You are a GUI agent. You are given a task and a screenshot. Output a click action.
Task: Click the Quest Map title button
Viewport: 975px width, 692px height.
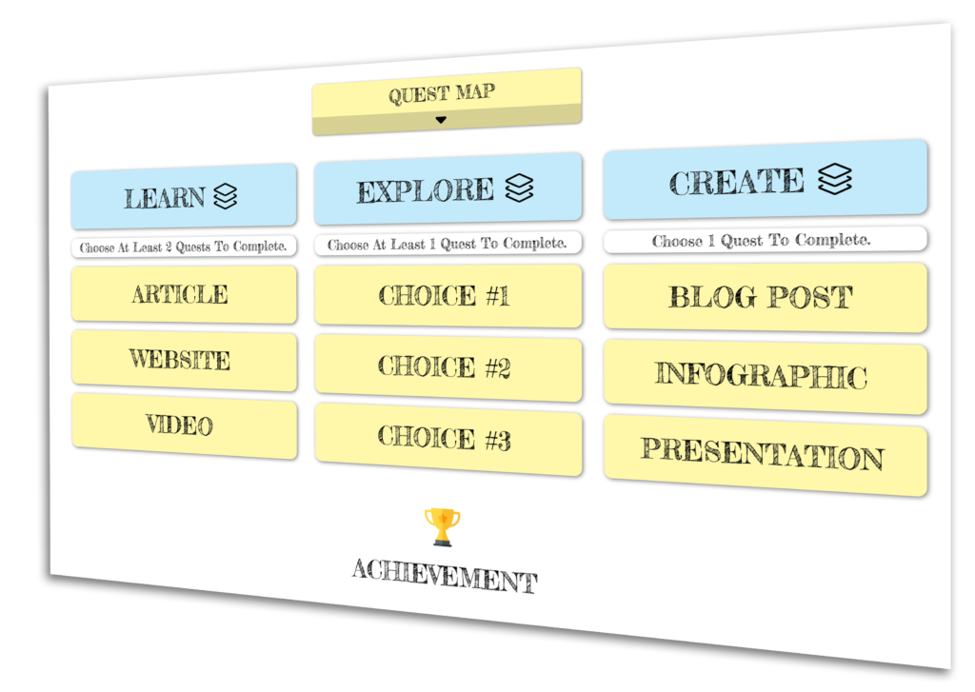pyautogui.click(x=447, y=101)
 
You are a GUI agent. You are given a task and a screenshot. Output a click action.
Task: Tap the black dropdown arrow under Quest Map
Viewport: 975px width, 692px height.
pyautogui.click(x=441, y=120)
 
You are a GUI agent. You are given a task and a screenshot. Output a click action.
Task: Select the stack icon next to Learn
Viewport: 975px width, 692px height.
pyautogui.click(x=225, y=196)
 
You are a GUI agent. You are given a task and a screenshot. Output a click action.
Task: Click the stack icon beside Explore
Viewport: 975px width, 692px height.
pyautogui.click(x=519, y=188)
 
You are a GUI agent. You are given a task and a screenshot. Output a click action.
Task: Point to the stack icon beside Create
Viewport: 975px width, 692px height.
pyautogui.click(x=834, y=178)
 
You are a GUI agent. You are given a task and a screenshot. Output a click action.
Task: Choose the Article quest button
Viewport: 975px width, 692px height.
pyautogui.click(x=184, y=294)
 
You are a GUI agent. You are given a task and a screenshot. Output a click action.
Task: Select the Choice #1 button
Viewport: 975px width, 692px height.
pyautogui.click(x=448, y=296)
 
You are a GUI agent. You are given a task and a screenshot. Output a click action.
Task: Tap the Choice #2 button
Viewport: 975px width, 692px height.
pyautogui.click(x=448, y=366)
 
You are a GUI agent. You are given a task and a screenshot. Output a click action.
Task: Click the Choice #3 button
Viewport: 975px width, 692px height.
pyautogui.click(x=448, y=438)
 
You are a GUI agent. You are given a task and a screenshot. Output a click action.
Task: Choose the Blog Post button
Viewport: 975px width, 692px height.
pyautogui.click(x=765, y=297)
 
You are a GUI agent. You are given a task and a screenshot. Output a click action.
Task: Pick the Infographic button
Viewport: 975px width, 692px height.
pyautogui.click(x=765, y=376)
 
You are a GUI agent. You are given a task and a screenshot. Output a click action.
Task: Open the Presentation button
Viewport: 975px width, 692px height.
pyautogui.click(x=765, y=455)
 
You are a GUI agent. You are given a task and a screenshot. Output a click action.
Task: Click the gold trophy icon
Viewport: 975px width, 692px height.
pyautogui.click(x=442, y=527)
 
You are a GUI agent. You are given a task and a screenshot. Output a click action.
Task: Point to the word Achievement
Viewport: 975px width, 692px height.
pyautogui.click(x=445, y=576)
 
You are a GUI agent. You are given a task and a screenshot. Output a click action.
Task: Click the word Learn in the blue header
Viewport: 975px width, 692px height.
pyautogui.click(x=164, y=198)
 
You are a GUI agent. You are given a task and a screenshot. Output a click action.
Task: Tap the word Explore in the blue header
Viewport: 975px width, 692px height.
pyautogui.click(x=426, y=191)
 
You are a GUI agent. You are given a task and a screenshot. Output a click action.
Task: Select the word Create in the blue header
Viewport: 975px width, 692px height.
pyautogui.click(x=736, y=182)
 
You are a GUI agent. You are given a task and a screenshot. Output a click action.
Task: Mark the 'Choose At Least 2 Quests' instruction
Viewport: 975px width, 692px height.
pyautogui.click(x=184, y=247)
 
